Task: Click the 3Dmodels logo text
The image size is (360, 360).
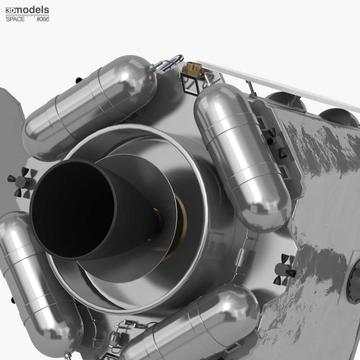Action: coord(27,10)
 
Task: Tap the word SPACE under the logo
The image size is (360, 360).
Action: coord(15,19)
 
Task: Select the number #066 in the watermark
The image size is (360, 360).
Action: coord(43,19)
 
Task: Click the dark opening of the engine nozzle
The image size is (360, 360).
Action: coord(73,208)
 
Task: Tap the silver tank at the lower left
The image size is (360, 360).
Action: coord(39,282)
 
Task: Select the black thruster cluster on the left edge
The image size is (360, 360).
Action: coord(19,182)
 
